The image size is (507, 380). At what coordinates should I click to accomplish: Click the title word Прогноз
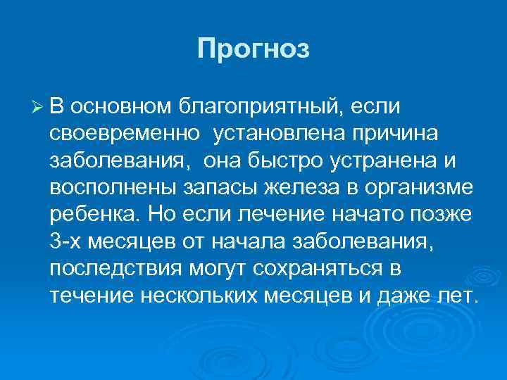coord(254,50)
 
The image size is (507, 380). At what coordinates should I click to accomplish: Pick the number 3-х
coord(68,241)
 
